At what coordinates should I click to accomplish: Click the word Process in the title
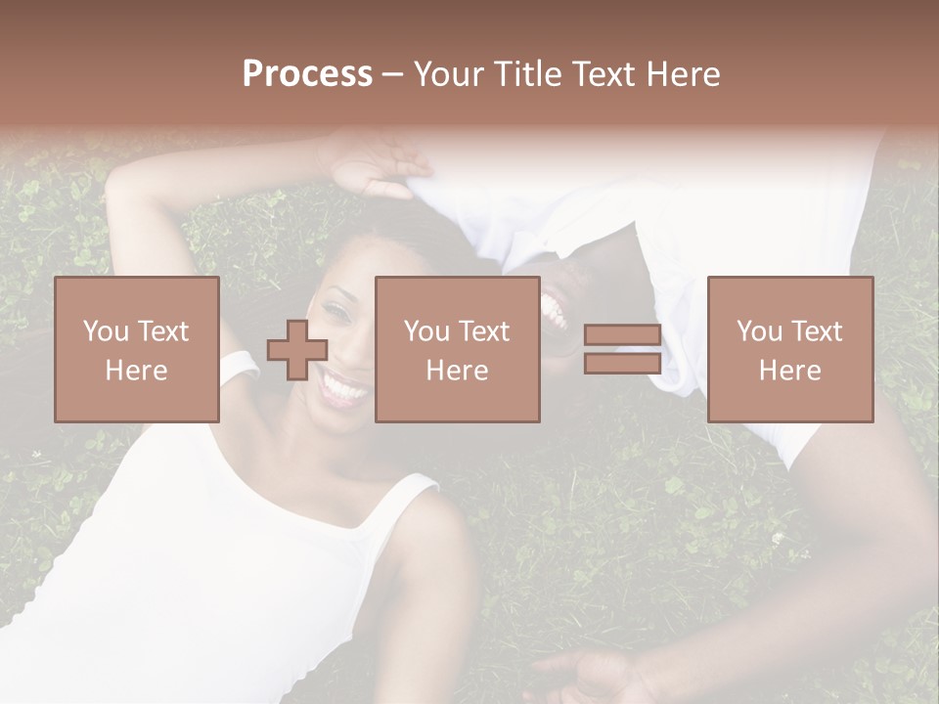[307, 74]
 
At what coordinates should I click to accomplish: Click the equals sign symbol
[622, 349]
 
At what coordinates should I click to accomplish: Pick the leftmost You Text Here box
[137, 349]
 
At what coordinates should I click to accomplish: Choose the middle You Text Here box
[458, 349]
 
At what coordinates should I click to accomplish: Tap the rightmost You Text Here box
[790, 349]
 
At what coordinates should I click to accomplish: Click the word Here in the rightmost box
[790, 370]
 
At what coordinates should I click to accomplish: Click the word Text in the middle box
[485, 331]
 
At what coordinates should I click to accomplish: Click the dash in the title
[393, 75]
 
